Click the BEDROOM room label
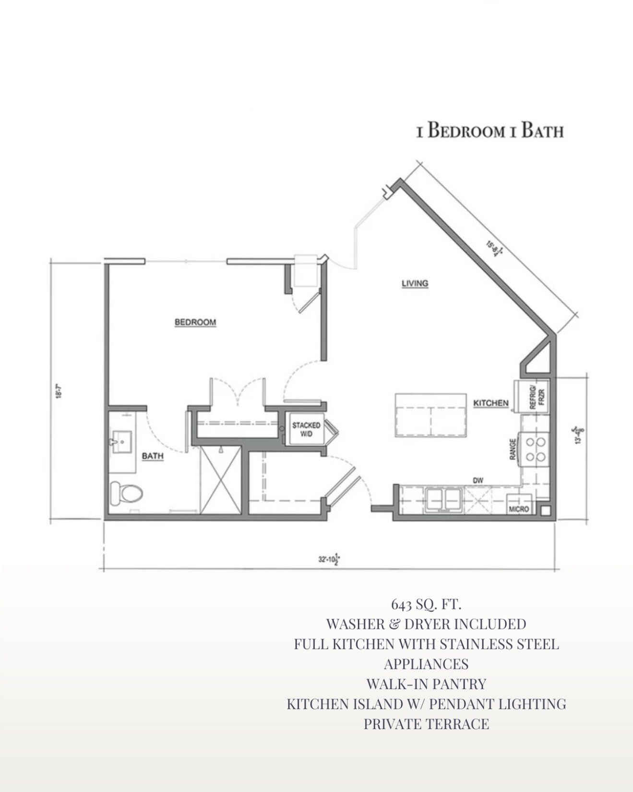coord(195,322)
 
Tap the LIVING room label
coord(415,283)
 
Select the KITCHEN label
coord(490,403)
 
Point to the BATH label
coord(153,456)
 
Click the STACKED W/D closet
coord(306,429)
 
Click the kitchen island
coord(430,415)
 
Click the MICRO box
coord(519,509)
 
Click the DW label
coord(478,480)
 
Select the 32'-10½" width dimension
coord(329,559)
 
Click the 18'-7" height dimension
coord(59,391)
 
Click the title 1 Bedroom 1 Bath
coord(490,131)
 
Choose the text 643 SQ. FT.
coord(426,603)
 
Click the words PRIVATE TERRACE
coord(426,724)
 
